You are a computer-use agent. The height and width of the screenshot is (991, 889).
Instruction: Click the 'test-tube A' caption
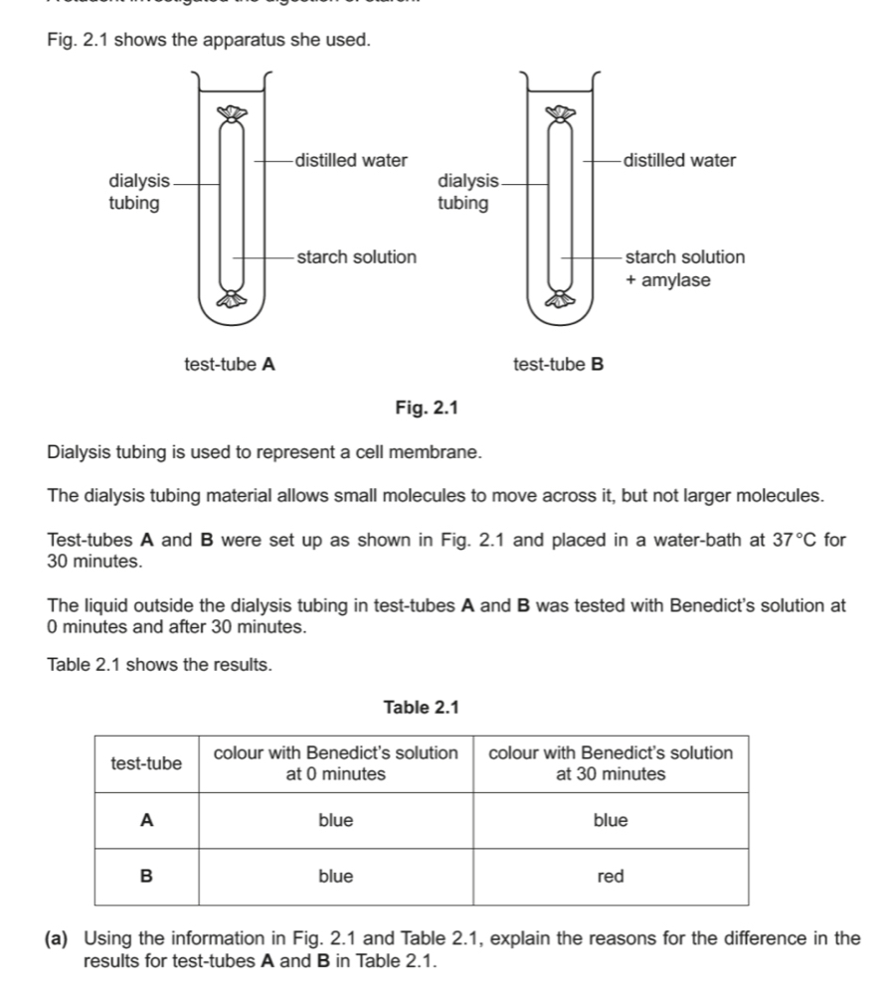[230, 364]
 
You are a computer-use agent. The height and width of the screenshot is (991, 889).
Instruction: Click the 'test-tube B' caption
[559, 364]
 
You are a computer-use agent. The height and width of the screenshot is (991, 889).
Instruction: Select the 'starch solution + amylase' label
[684, 268]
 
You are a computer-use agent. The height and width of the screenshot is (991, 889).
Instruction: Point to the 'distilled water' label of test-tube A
[352, 160]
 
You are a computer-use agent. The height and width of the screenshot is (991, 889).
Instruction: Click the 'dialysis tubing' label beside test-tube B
[467, 192]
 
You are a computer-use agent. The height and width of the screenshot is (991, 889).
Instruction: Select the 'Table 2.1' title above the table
[422, 707]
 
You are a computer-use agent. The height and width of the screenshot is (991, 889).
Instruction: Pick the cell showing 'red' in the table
[611, 876]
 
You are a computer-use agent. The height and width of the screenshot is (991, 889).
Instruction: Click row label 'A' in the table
[146, 820]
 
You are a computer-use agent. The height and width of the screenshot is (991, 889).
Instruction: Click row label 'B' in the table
[146, 876]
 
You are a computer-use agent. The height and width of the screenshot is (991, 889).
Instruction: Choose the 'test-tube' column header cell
[146, 763]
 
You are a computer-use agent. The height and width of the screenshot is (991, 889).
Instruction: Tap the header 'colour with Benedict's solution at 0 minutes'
[336, 763]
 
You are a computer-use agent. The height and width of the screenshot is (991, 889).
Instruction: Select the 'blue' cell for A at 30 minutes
[611, 820]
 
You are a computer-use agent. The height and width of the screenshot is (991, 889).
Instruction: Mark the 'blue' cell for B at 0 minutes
[336, 876]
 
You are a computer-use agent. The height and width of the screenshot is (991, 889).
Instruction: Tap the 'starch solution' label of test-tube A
[356, 257]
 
